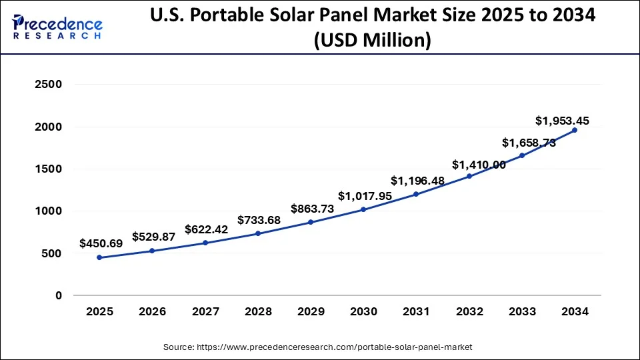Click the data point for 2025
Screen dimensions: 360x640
(99, 257)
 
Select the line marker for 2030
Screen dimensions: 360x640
(363, 209)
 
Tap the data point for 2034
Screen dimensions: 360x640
(575, 130)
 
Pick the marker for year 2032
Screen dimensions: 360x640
(469, 176)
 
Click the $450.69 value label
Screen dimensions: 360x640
(101, 243)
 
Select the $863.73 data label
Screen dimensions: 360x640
(312, 209)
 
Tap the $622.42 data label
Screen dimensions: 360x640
(207, 229)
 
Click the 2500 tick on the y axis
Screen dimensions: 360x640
(49, 85)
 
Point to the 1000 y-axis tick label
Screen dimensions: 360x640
(49, 211)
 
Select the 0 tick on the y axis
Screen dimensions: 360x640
(59, 295)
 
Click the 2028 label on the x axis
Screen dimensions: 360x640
(258, 311)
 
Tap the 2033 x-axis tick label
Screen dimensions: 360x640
(522, 311)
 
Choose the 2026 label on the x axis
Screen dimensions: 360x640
(152, 311)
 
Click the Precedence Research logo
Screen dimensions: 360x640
(57, 27)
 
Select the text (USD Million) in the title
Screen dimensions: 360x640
(373, 41)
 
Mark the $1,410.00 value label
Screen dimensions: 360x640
(479, 165)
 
